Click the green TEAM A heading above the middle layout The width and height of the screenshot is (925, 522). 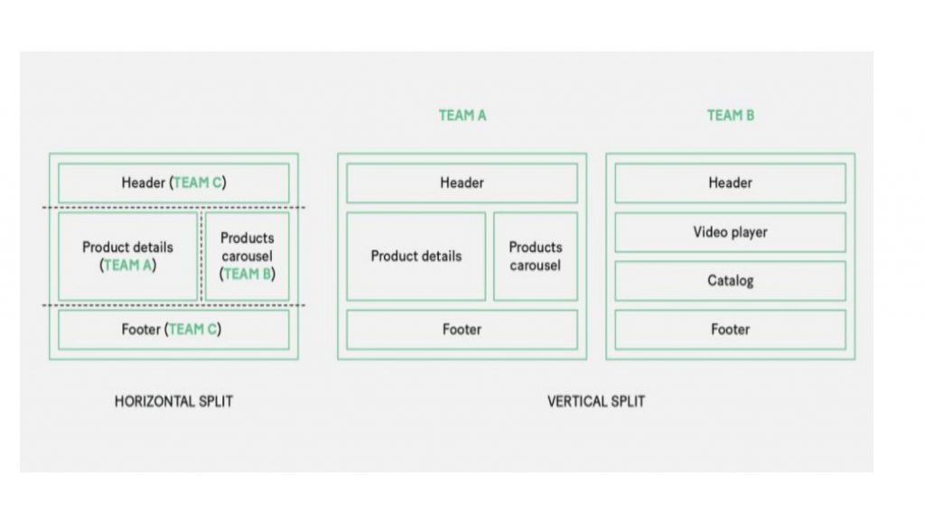pyautogui.click(x=462, y=116)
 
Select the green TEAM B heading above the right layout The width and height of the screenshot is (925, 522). pyautogui.click(x=730, y=116)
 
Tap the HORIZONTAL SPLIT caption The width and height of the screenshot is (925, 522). pyautogui.click(x=173, y=402)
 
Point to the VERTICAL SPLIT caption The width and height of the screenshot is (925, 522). pyautogui.click(x=596, y=402)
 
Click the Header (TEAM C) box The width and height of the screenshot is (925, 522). pyautogui.click(x=173, y=182)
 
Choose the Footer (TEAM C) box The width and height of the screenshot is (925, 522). pyautogui.click(x=173, y=330)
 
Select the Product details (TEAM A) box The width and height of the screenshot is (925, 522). pyautogui.click(x=127, y=256)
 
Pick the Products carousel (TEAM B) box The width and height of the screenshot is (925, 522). pyautogui.click(x=248, y=256)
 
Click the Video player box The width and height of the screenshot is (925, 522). pyautogui.click(x=730, y=232)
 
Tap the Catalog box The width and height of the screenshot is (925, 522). pyautogui.click(x=730, y=281)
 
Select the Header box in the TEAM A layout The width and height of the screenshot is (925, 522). pyautogui.click(x=462, y=182)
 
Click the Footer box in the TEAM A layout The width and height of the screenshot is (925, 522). pyautogui.click(x=462, y=330)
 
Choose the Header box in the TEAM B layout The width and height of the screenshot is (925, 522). pyautogui.click(x=730, y=182)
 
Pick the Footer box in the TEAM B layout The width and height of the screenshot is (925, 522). pyautogui.click(x=730, y=330)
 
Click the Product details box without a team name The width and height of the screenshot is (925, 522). pyautogui.click(x=416, y=256)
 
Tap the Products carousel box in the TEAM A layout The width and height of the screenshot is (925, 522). pyautogui.click(x=536, y=256)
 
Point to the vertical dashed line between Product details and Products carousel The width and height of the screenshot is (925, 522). pyautogui.click(x=201, y=256)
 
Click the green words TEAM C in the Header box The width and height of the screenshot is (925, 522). pyautogui.click(x=198, y=182)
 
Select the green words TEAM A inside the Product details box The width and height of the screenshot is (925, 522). pyautogui.click(x=127, y=266)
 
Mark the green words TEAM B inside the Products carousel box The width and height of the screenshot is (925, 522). pyautogui.click(x=248, y=275)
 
